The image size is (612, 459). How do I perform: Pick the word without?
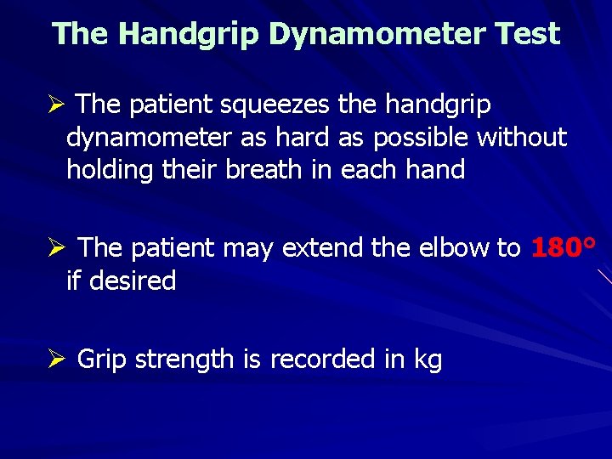point(522,137)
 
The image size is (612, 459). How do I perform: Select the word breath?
point(263,170)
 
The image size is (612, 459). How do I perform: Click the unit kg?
point(428,360)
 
